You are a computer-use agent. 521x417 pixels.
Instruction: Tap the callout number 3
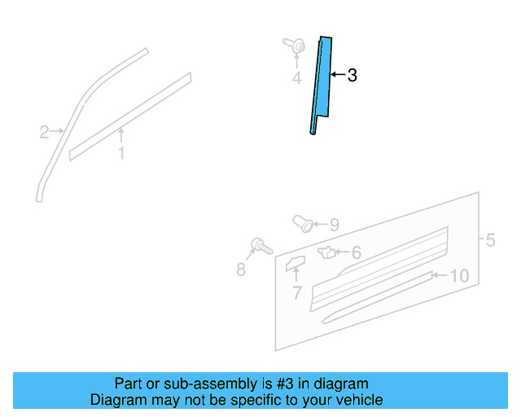(352, 76)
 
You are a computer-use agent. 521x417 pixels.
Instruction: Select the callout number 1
(121, 153)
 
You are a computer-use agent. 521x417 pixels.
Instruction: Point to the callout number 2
(45, 130)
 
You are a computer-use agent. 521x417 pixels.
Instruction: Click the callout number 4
(296, 78)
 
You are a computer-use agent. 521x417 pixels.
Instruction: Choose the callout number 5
(490, 240)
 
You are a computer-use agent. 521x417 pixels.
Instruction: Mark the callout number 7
(296, 292)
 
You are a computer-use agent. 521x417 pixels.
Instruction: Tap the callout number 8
(241, 270)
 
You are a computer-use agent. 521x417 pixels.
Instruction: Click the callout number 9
(334, 225)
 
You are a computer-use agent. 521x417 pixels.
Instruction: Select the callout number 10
(459, 276)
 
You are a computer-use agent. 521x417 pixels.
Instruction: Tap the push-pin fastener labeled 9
(302, 222)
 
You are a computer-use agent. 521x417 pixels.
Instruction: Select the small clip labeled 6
(327, 252)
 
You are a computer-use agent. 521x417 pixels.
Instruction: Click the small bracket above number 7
(294, 262)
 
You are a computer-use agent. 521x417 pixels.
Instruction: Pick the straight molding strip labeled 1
(130, 116)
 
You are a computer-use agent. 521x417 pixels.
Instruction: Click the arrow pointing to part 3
(338, 76)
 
